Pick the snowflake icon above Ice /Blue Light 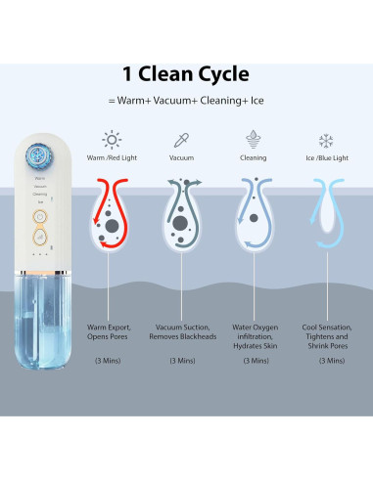click(x=325, y=141)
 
